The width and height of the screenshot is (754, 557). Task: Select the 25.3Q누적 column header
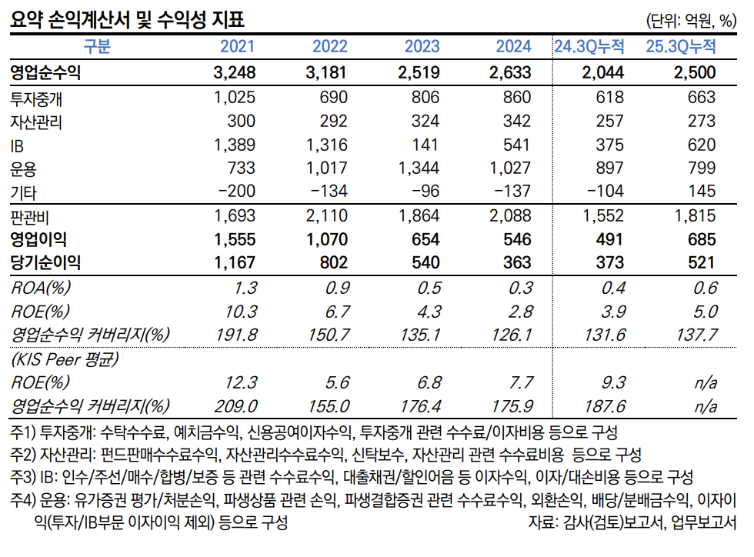[681, 46]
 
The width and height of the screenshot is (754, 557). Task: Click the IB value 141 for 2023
[425, 145]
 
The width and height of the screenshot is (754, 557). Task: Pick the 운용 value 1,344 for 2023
[418, 169]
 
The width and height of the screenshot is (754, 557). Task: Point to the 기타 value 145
[702, 193]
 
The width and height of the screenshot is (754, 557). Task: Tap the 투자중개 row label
[41, 98]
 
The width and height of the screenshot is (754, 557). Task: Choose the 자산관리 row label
[36, 122]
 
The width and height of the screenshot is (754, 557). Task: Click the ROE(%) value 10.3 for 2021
[240, 312]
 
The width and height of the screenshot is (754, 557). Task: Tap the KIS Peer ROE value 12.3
[240, 382]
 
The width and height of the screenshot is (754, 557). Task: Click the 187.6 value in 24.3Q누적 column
[606, 406]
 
